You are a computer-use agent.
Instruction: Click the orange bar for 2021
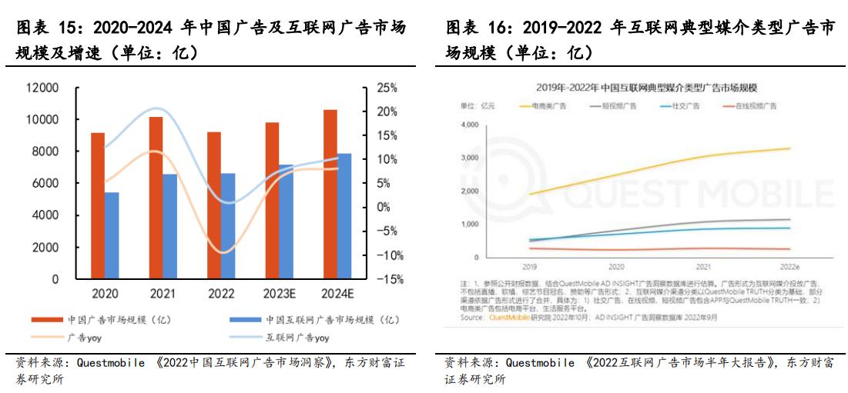click(156, 198)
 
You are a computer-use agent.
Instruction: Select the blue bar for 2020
click(112, 235)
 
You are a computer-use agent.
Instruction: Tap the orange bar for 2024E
click(330, 194)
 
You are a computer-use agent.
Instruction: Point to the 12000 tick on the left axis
click(43, 88)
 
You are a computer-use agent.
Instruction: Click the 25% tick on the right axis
click(387, 88)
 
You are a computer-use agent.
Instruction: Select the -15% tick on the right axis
click(389, 279)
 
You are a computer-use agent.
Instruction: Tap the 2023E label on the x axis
click(278, 295)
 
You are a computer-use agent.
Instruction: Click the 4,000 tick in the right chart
click(469, 125)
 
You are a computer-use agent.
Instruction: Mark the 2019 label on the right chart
click(530, 266)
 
